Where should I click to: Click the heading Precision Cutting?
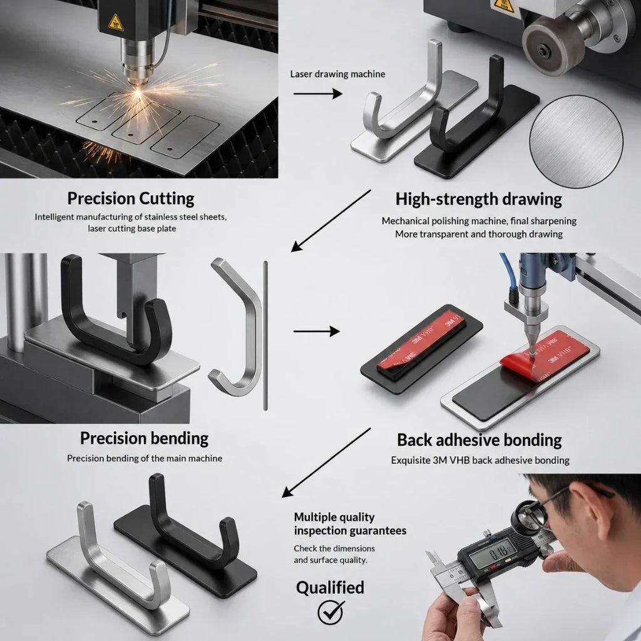click(131, 198)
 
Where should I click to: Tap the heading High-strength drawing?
click(479, 200)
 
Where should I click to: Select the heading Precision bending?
click(145, 439)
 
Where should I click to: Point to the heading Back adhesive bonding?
click(479, 440)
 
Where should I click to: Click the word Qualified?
click(330, 588)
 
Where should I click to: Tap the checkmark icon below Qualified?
click(331, 612)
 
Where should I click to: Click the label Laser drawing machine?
click(337, 74)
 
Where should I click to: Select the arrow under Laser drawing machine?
click(317, 94)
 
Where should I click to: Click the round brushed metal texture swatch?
click(576, 141)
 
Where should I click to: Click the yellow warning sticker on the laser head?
click(116, 23)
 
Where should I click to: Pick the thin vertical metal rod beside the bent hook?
click(265, 336)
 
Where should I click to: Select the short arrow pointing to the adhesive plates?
click(316, 331)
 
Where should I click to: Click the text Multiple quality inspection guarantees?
click(350, 524)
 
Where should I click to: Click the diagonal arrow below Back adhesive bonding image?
click(326, 463)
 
